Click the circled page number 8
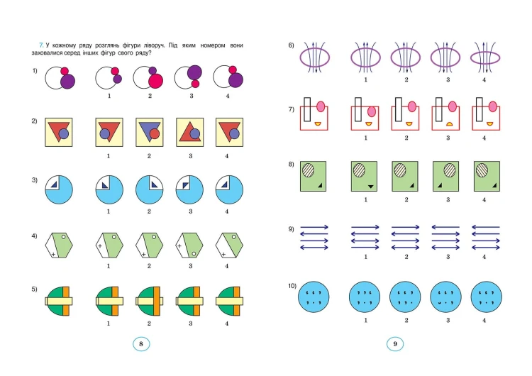(x=141, y=344)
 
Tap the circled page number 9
(x=395, y=344)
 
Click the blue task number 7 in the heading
(x=41, y=45)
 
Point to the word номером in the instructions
(x=212, y=45)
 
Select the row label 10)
(x=292, y=286)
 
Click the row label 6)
(x=291, y=45)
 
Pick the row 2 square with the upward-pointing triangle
(x=190, y=133)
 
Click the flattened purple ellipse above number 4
(x=485, y=57)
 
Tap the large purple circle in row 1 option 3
(x=194, y=72)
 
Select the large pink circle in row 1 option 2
(x=156, y=81)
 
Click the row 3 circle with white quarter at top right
(x=149, y=189)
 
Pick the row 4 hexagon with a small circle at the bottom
(x=189, y=245)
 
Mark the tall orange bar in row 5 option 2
(x=157, y=302)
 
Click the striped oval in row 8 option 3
(x=450, y=170)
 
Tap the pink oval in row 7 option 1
(x=372, y=111)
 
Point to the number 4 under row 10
(x=484, y=320)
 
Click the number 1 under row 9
(x=365, y=257)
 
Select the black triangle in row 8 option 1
(x=370, y=187)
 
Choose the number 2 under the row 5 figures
(x=149, y=324)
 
